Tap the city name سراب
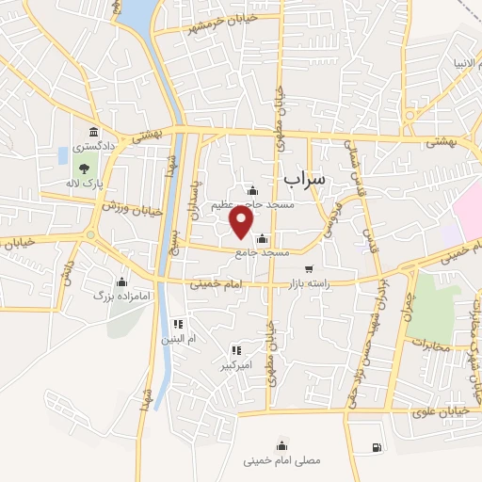click(303, 177)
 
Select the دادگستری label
click(96, 147)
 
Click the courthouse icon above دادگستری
click(92, 132)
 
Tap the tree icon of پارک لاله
click(85, 169)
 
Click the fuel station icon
click(377, 447)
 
